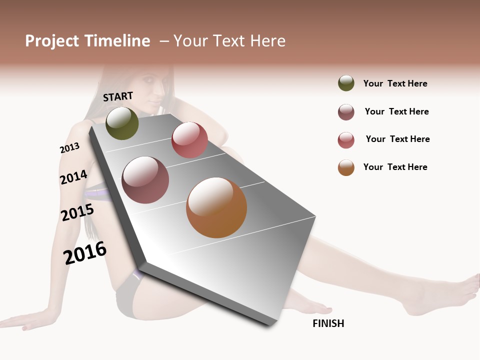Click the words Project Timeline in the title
[x=87, y=41]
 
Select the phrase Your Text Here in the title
[x=229, y=41]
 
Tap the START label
[x=118, y=96]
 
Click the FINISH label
[x=328, y=323]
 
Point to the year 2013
[x=69, y=148]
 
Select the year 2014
[x=73, y=177]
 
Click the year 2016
[x=84, y=253]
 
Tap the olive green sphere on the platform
[x=122, y=123]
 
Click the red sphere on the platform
[x=189, y=140]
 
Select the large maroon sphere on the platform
[x=145, y=180]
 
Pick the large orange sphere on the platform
[x=216, y=207]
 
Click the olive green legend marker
[x=346, y=83]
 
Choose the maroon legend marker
[x=346, y=112]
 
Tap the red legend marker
[x=346, y=140]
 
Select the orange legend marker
[x=346, y=167]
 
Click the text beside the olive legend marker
[x=395, y=83]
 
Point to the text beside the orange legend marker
[x=395, y=167]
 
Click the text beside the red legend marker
[x=397, y=139]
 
